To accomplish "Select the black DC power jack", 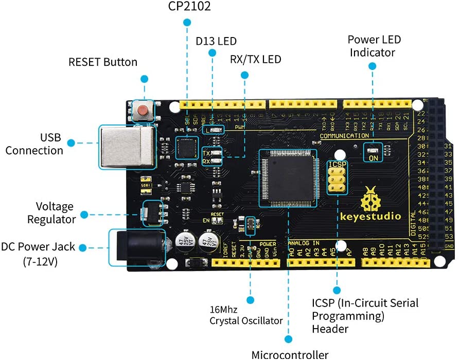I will pyautogui.click(x=135, y=248).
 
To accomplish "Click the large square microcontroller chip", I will pyautogui.click(x=287, y=176).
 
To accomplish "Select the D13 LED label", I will pyautogui.click(x=216, y=41).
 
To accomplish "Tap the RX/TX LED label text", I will pyautogui.click(x=256, y=59).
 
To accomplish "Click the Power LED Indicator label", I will pyautogui.click(x=374, y=46).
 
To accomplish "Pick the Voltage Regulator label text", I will pyautogui.click(x=55, y=212).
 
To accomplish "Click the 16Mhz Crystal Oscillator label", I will pyautogui.click(x=246, y=315).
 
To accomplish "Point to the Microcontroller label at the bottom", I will pyautogui.click(x=290, y=354).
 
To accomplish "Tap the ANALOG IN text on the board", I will pyautogui.click(x=304, y=243).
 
